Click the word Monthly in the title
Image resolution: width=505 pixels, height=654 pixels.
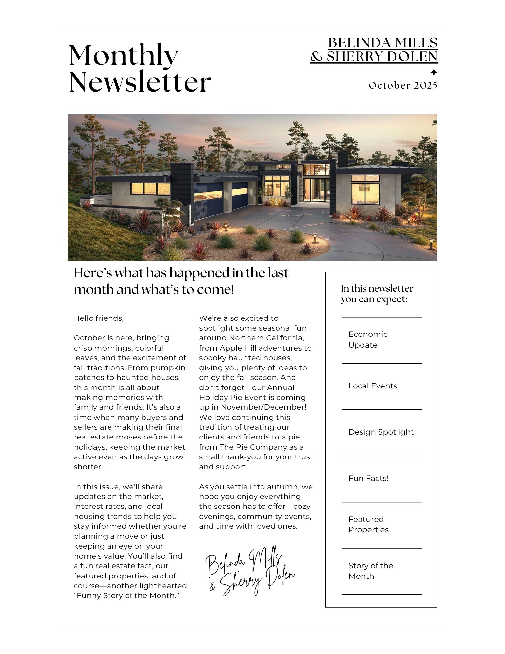pyautogui.click(x=124, y=56)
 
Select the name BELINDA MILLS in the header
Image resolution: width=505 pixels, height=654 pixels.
pyautogui.click(x=383, y=43)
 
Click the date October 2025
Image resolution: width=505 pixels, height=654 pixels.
pyautogui.click(x=403, y=85)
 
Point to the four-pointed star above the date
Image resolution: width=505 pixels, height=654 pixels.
pyautogui.click(x=434, y=72)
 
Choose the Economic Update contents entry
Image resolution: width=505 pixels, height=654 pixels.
pyautogui.click(x=368, y=339)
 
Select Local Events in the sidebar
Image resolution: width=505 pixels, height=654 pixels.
pyautogui.click(x=373, y=386)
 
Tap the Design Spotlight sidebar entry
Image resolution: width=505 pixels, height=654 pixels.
pyautogui.click(x=381, y=432)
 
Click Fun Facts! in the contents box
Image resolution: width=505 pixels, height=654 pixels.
pyautogui.click(x=368, y=478)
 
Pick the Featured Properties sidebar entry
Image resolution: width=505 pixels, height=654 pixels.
pyautogui.click(x=368, y=524)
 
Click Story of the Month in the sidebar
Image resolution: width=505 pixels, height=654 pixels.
pyautogui.click(x=370, y=571)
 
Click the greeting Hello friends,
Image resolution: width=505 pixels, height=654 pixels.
pyautogui.click(x=99, y=318)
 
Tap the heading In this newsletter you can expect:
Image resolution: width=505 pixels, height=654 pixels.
pyautogui.click(x=377, y=294)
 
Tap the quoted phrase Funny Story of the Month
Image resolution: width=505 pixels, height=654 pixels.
pyautogui.click(x=126, y=595)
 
